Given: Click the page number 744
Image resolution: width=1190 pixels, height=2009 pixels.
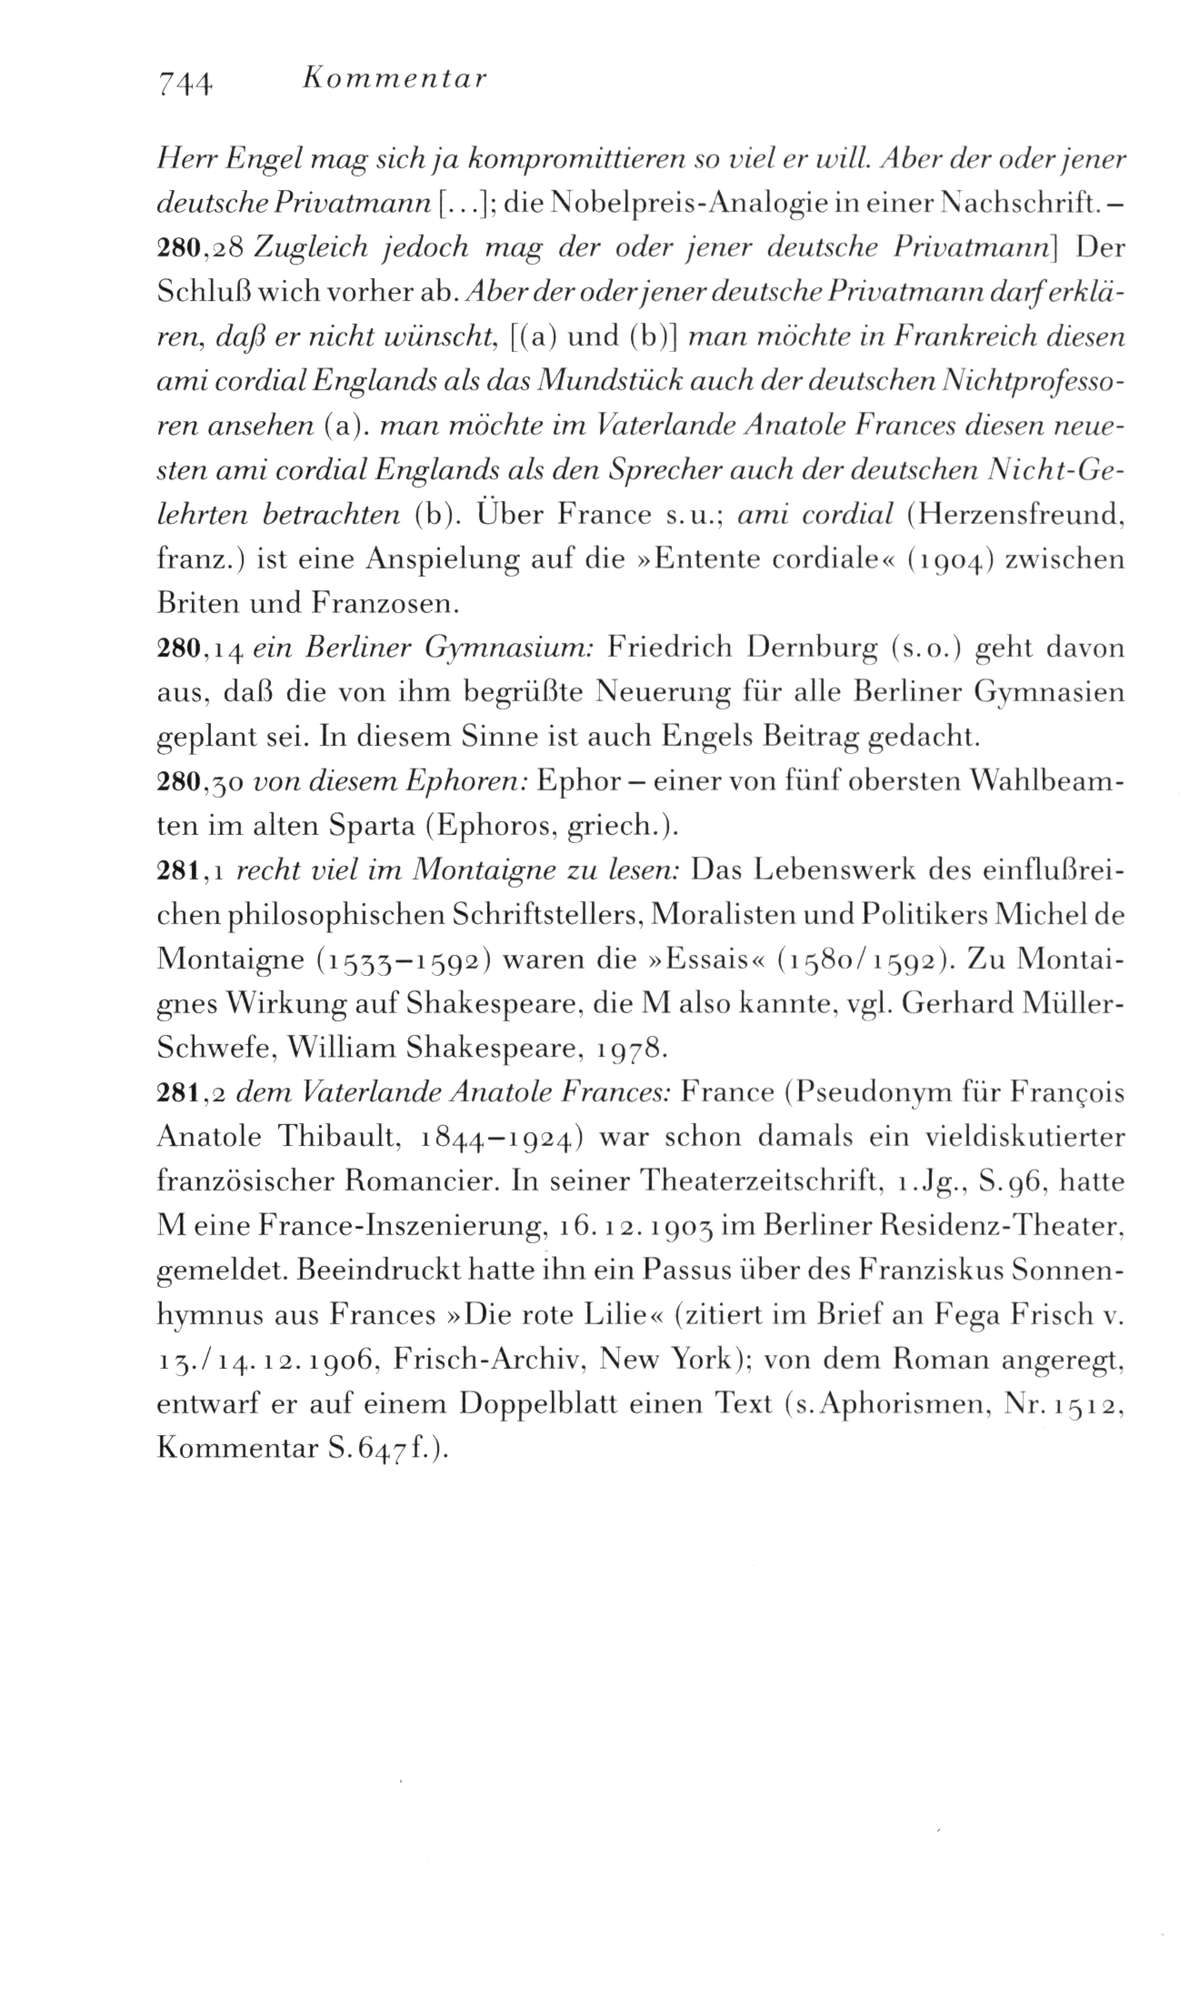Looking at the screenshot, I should coord(185,83).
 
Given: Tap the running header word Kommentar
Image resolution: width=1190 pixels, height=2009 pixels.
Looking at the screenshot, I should coord(393,79).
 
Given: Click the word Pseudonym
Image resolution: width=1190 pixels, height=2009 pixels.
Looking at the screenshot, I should coord(874,1092).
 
